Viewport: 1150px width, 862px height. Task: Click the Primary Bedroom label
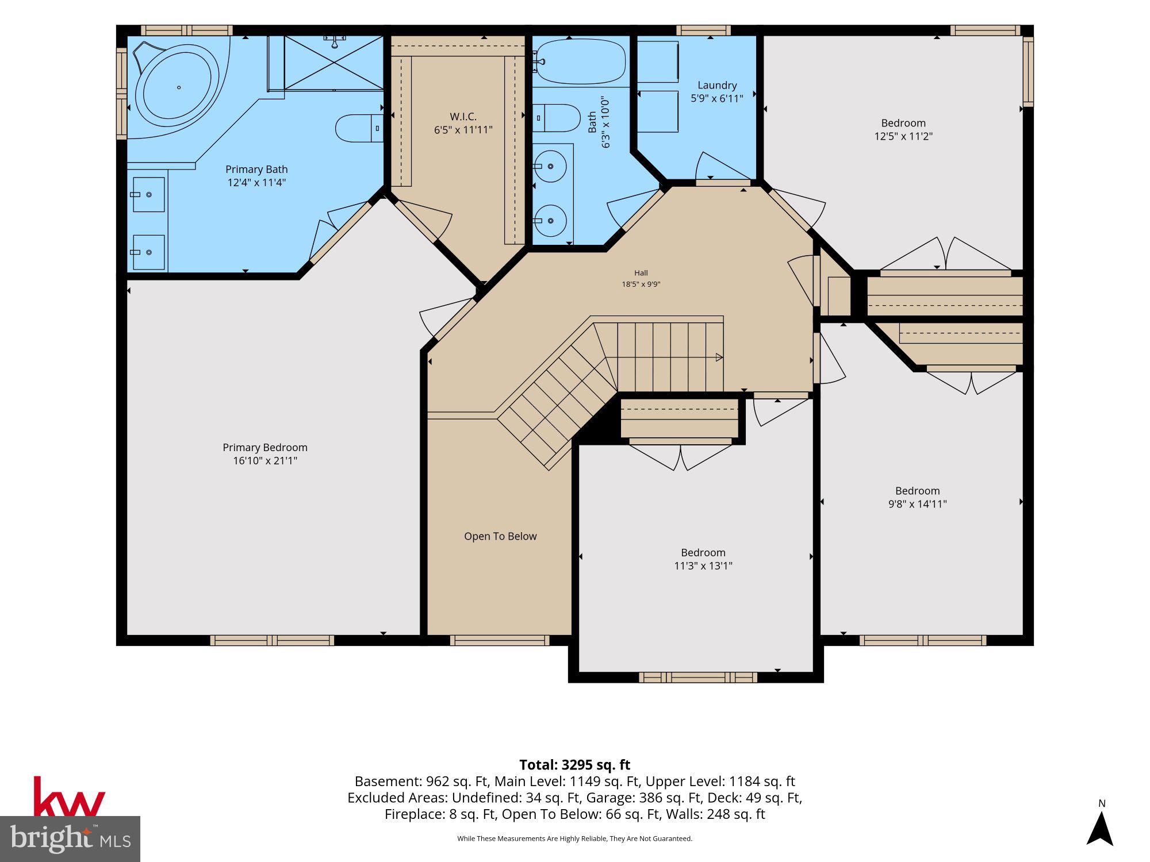click(x=265, y=447)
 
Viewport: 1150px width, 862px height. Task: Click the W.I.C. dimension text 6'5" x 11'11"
click(x=463, y=130)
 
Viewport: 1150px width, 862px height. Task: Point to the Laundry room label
click(x=717, y=85)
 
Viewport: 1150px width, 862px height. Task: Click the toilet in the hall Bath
click(x=557, y=118)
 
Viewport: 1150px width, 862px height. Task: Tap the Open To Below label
click(x=500, y=536)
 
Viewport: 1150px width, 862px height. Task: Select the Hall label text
click(x=641, y=273)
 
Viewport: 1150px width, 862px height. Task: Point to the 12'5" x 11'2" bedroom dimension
click(x=903, y=136)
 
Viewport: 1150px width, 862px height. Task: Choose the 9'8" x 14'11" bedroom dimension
click(x=918, y=504)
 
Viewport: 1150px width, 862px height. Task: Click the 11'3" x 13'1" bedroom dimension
click(x=703, y=565)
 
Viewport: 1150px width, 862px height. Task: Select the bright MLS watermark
click(x=70, y=839)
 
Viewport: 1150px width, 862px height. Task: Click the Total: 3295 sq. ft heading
click(x=575, y=765)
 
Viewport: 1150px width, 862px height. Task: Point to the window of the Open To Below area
click(x=500, y=640)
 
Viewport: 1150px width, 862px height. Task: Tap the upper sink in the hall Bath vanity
click(x=550, y=166)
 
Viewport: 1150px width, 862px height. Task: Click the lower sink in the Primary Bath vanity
click(x=149, y=252)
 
